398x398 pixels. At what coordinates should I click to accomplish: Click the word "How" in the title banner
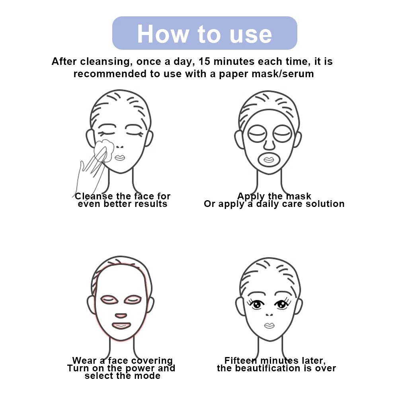pos(163,34)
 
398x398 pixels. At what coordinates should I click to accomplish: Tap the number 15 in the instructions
pos(204,61)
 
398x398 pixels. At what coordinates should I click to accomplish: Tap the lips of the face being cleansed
pos(120,158)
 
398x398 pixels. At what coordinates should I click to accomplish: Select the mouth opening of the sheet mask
pos(269,160)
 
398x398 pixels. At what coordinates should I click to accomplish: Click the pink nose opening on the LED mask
pos(121,316)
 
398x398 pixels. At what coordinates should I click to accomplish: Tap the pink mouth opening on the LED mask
pos(121,326)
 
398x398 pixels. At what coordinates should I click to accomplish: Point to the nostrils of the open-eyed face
pos(269,315)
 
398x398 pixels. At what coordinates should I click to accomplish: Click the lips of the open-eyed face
pos(269,326)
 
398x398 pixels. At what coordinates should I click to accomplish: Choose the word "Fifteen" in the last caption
pos(241,361)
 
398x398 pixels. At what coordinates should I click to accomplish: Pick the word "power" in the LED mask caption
pos(138,369)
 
